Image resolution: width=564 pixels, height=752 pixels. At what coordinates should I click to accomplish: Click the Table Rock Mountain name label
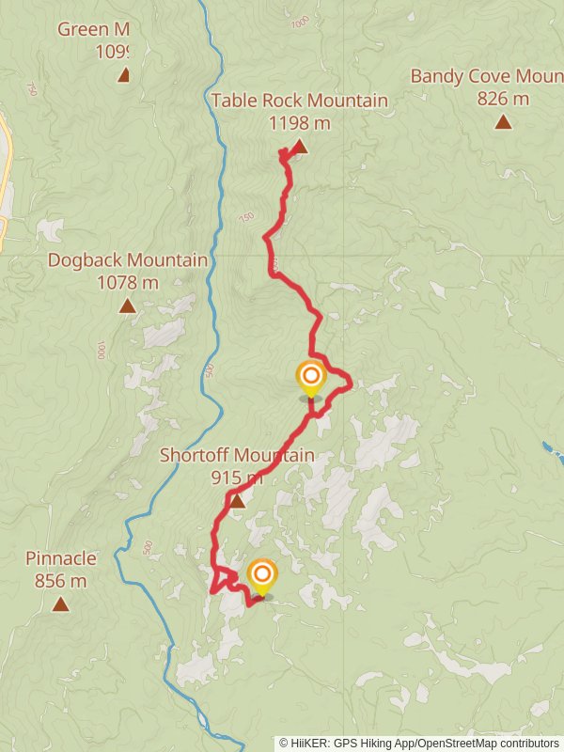click(300, 101)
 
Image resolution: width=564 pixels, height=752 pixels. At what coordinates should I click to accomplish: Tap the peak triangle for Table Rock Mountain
click(299, 147)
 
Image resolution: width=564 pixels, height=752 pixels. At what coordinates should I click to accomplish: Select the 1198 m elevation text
click(300, 122)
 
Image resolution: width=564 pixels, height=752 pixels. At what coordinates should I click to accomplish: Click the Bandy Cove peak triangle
click(503, 121)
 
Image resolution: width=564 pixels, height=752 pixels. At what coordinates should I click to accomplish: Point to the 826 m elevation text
click(503, 98)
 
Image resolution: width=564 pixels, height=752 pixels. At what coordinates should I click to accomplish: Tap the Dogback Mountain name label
click(128, 259)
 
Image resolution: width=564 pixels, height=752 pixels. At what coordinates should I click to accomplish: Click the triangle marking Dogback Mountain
click(127, 305)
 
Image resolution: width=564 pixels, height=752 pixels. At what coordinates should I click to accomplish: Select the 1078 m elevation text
click(128, 281)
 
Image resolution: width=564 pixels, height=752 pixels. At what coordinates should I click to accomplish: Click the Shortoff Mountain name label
click(237, 455)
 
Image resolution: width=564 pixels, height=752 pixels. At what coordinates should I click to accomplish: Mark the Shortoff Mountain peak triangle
click(237, 502)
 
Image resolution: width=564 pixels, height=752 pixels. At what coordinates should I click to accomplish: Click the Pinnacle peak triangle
click(60, 604)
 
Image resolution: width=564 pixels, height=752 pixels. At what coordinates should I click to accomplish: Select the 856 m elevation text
click(60, 581)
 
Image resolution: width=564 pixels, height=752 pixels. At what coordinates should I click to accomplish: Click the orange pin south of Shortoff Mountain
click(261, 574)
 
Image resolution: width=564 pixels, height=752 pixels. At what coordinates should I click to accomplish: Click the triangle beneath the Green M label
click(123, 75)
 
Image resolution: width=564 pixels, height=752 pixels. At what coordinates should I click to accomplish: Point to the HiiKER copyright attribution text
click(418, 743)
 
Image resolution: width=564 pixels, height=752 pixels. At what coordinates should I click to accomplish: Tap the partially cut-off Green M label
click(93, 29)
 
